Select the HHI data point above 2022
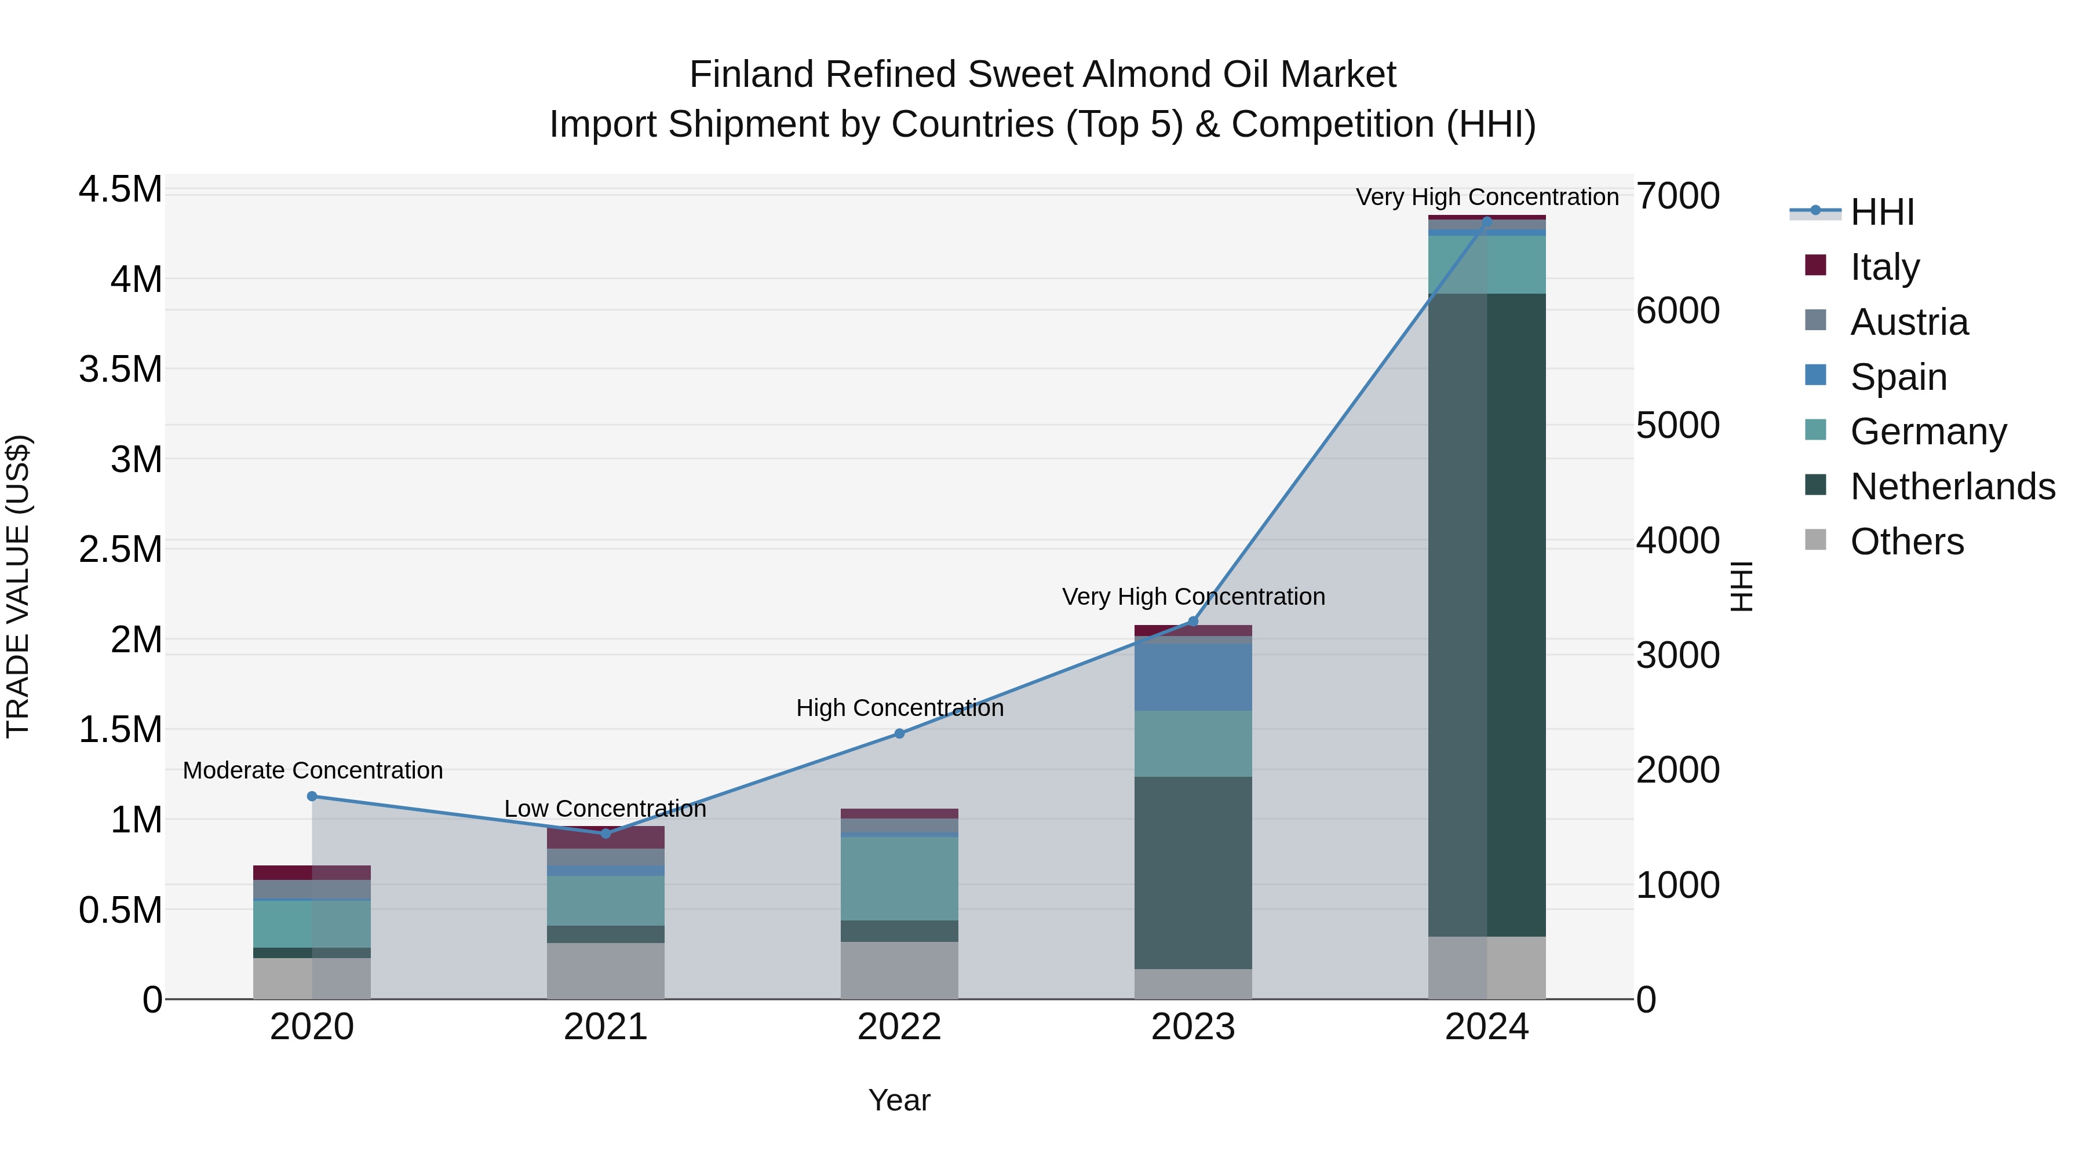(x=899, y=733)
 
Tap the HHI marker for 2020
(x=312, y=796)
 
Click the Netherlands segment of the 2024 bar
(x=1487, y=615)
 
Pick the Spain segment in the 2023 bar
(x=1193, y=677)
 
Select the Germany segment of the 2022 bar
(x=899, y=878)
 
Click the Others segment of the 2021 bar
(x=605, y=971)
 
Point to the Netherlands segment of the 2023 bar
(x=1193, y=873)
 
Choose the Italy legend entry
(x=1884, y=266)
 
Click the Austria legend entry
(x=1909, y=321)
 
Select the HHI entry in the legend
(x=1882, y=212)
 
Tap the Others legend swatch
(x=1815, y=540)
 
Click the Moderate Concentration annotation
(x=312, y=770)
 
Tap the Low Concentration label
(x=605, y=809)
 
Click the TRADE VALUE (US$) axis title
(x=18, y=586)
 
